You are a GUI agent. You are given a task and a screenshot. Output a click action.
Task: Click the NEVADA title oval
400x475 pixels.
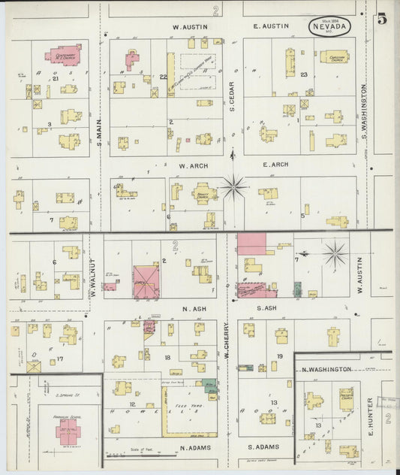click(331, 27)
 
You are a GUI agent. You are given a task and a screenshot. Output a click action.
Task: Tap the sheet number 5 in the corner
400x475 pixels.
click(382, 20)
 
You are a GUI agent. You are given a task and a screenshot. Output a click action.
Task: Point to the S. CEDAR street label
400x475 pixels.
click(233, 97)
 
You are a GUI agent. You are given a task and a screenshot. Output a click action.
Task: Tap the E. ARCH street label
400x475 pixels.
click(275, 165)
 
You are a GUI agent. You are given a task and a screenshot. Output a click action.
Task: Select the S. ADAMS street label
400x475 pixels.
click(263, 447)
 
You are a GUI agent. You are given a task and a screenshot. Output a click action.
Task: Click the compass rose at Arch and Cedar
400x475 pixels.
click(233, 186)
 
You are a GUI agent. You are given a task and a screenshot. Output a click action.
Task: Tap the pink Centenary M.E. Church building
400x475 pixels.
click(64, 56)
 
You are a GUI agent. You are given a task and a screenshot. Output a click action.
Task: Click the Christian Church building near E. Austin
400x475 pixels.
click(334, 56)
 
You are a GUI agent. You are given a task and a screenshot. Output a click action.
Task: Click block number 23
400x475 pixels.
click(304, 74)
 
